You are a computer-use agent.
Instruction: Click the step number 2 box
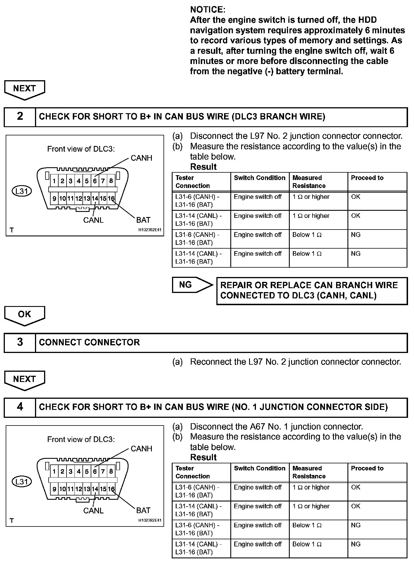[20, 117]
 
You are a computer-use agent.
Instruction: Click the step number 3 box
[20, 342]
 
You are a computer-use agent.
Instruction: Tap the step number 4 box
[20, 407]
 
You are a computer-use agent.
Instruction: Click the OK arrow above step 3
[24, 315]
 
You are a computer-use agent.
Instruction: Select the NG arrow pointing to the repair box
[192, 285]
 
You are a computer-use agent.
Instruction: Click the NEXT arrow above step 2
[24, 89]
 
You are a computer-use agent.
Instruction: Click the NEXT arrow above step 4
[24, 380]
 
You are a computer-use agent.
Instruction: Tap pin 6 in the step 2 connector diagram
[95, 181]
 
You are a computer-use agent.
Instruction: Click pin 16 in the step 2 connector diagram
[111, 199]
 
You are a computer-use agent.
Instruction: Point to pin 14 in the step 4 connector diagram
[95, 489]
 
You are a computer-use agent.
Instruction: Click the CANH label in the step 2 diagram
[141, 158]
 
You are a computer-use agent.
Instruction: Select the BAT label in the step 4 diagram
[143, 511]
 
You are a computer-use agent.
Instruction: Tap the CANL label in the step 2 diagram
[93, 220]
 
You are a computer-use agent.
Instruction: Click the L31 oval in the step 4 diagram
[22, 482]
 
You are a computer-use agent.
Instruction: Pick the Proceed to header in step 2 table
[367, 178]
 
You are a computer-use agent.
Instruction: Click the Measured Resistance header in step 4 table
[309, 472]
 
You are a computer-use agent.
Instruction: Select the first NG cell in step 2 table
[356, 235]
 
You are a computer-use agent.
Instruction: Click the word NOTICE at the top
[208, 10]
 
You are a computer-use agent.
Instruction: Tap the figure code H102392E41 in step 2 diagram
[150, 230]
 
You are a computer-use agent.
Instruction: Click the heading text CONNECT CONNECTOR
[89, 342]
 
